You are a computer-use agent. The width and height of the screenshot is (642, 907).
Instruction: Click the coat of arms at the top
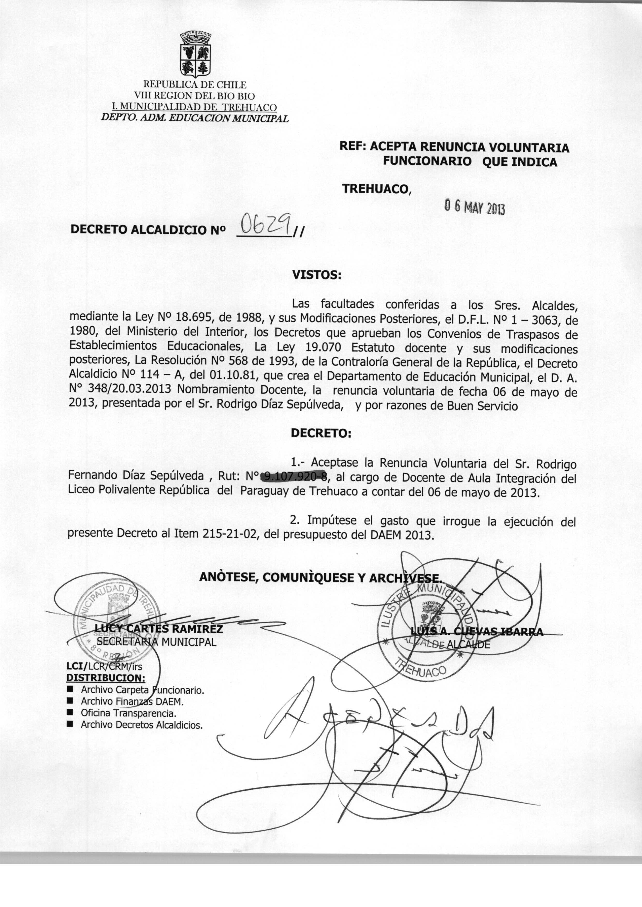click(195, 55)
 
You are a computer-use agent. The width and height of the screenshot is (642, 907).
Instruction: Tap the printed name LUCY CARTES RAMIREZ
click(158, 628)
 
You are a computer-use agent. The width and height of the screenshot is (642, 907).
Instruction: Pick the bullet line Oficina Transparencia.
click(128, 713)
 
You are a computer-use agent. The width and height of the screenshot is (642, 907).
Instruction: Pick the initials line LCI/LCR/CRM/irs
click(104, 666)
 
